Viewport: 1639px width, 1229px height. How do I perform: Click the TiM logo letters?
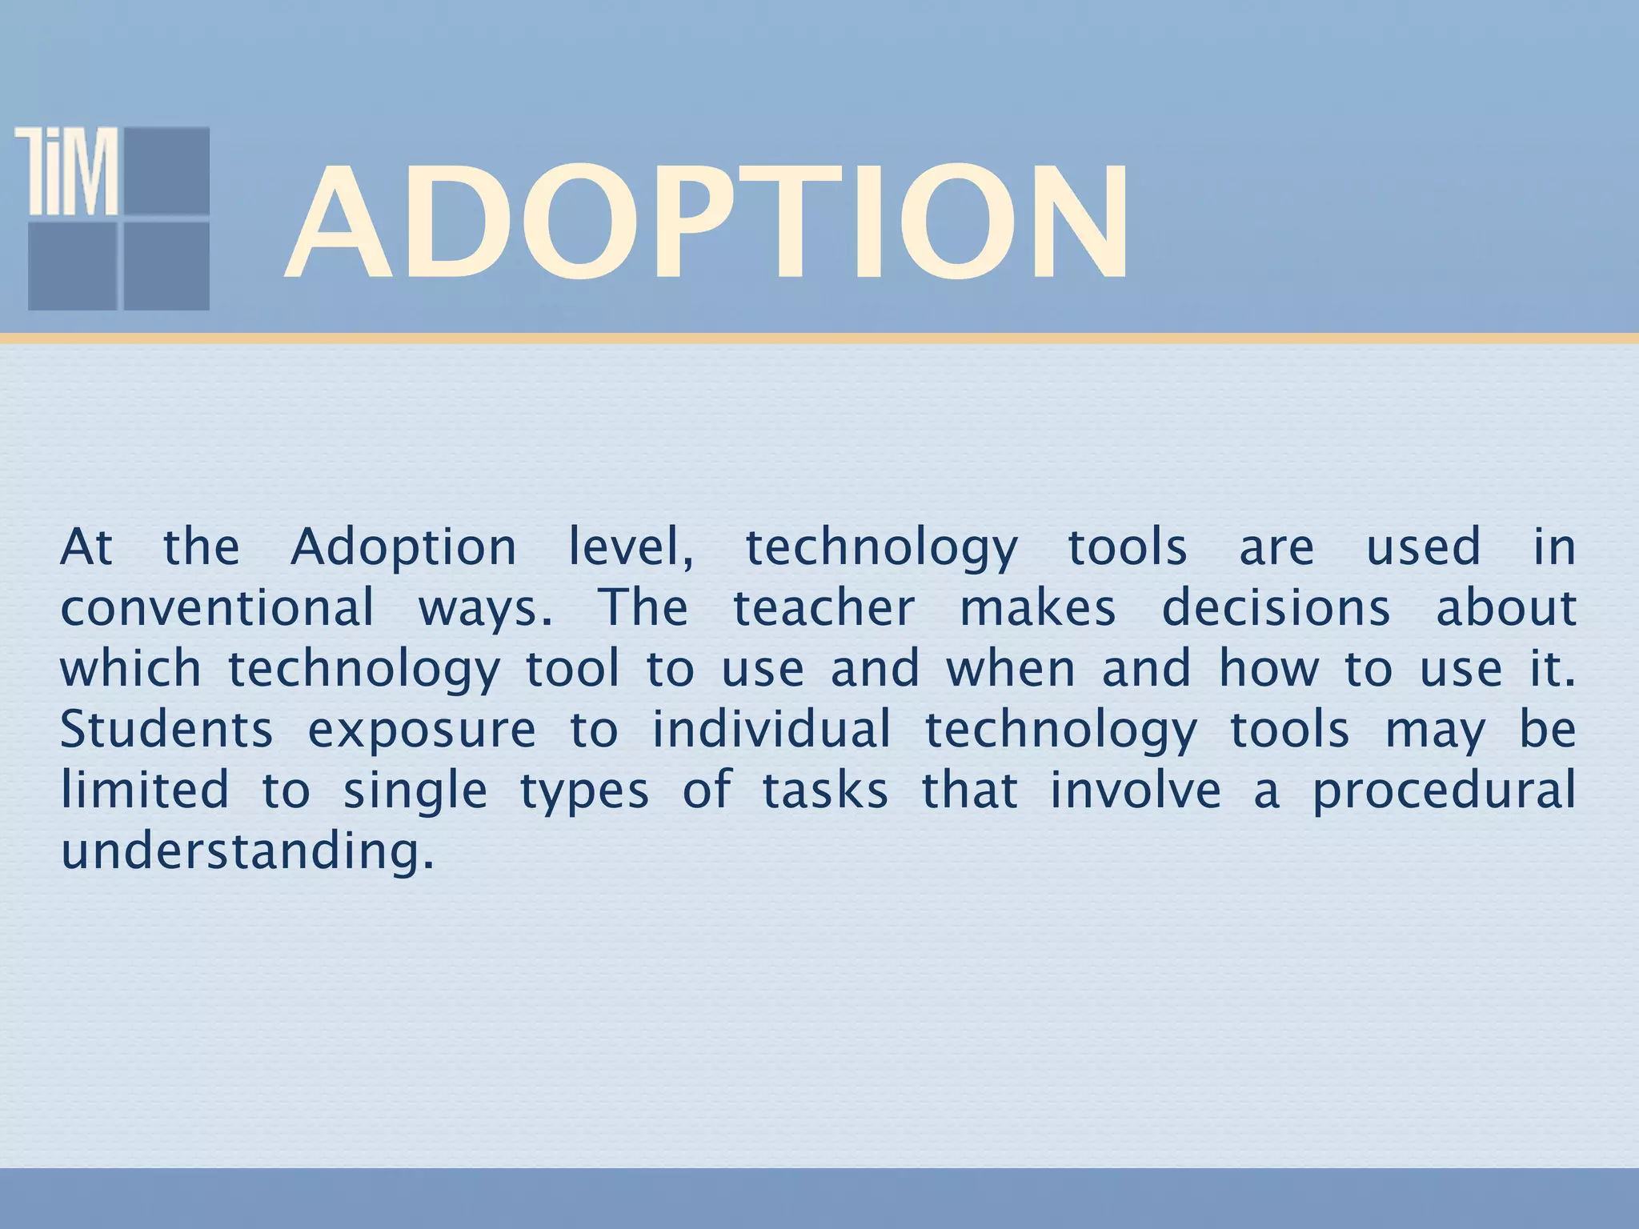pos(67,171)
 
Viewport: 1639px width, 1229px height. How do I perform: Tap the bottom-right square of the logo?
pos(166,266)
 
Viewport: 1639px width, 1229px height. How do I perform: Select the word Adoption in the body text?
pos(403,549)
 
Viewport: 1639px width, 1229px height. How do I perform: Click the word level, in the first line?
pos(631,549)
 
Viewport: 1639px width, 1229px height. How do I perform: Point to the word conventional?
pos(217,608)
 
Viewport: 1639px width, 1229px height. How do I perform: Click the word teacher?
pos(824,608)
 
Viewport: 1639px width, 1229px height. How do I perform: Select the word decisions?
pos(1276,608)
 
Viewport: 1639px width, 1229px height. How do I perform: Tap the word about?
pos(1505,608)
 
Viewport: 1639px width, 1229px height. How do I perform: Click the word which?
pos(130,669)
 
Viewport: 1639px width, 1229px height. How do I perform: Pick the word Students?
pos(166,730)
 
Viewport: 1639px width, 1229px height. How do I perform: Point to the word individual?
pos(771,730)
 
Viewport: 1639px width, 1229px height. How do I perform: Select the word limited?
pos(146,791)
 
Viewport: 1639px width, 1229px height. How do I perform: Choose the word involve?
pos(1135,791)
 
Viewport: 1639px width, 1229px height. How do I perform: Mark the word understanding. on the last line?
pos(248,851)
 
